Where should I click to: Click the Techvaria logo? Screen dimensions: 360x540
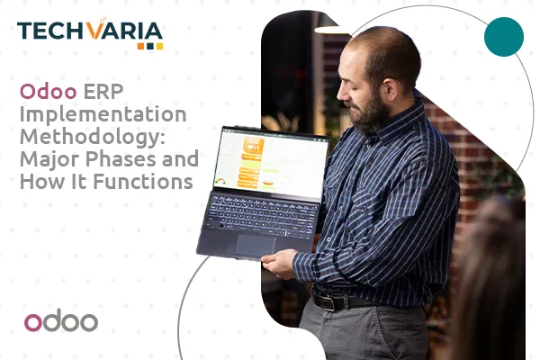click(x=90, y=33)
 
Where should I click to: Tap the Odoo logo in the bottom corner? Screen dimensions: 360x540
click(x=61, y=321)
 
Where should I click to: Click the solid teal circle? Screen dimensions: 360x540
click(x=504, y=36)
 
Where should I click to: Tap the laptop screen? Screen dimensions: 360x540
click(x=269, y=162)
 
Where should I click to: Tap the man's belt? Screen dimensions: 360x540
click(x=360, y=300)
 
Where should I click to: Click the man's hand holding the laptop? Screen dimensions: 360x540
click(x=280, y=262)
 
